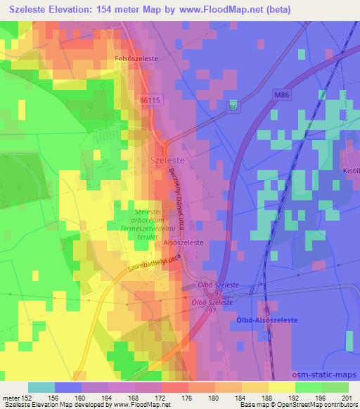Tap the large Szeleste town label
167,160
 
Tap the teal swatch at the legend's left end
41,387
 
